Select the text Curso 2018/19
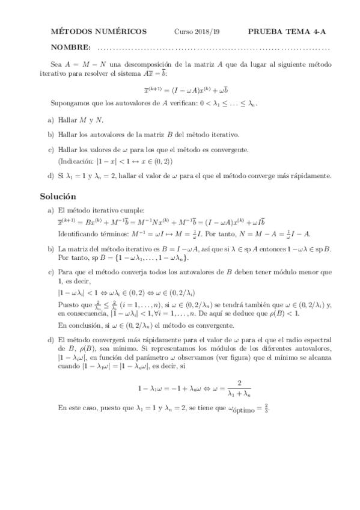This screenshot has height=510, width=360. click(x=194, y=31)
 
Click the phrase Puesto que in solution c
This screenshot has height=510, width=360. click(x=73, y=305)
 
